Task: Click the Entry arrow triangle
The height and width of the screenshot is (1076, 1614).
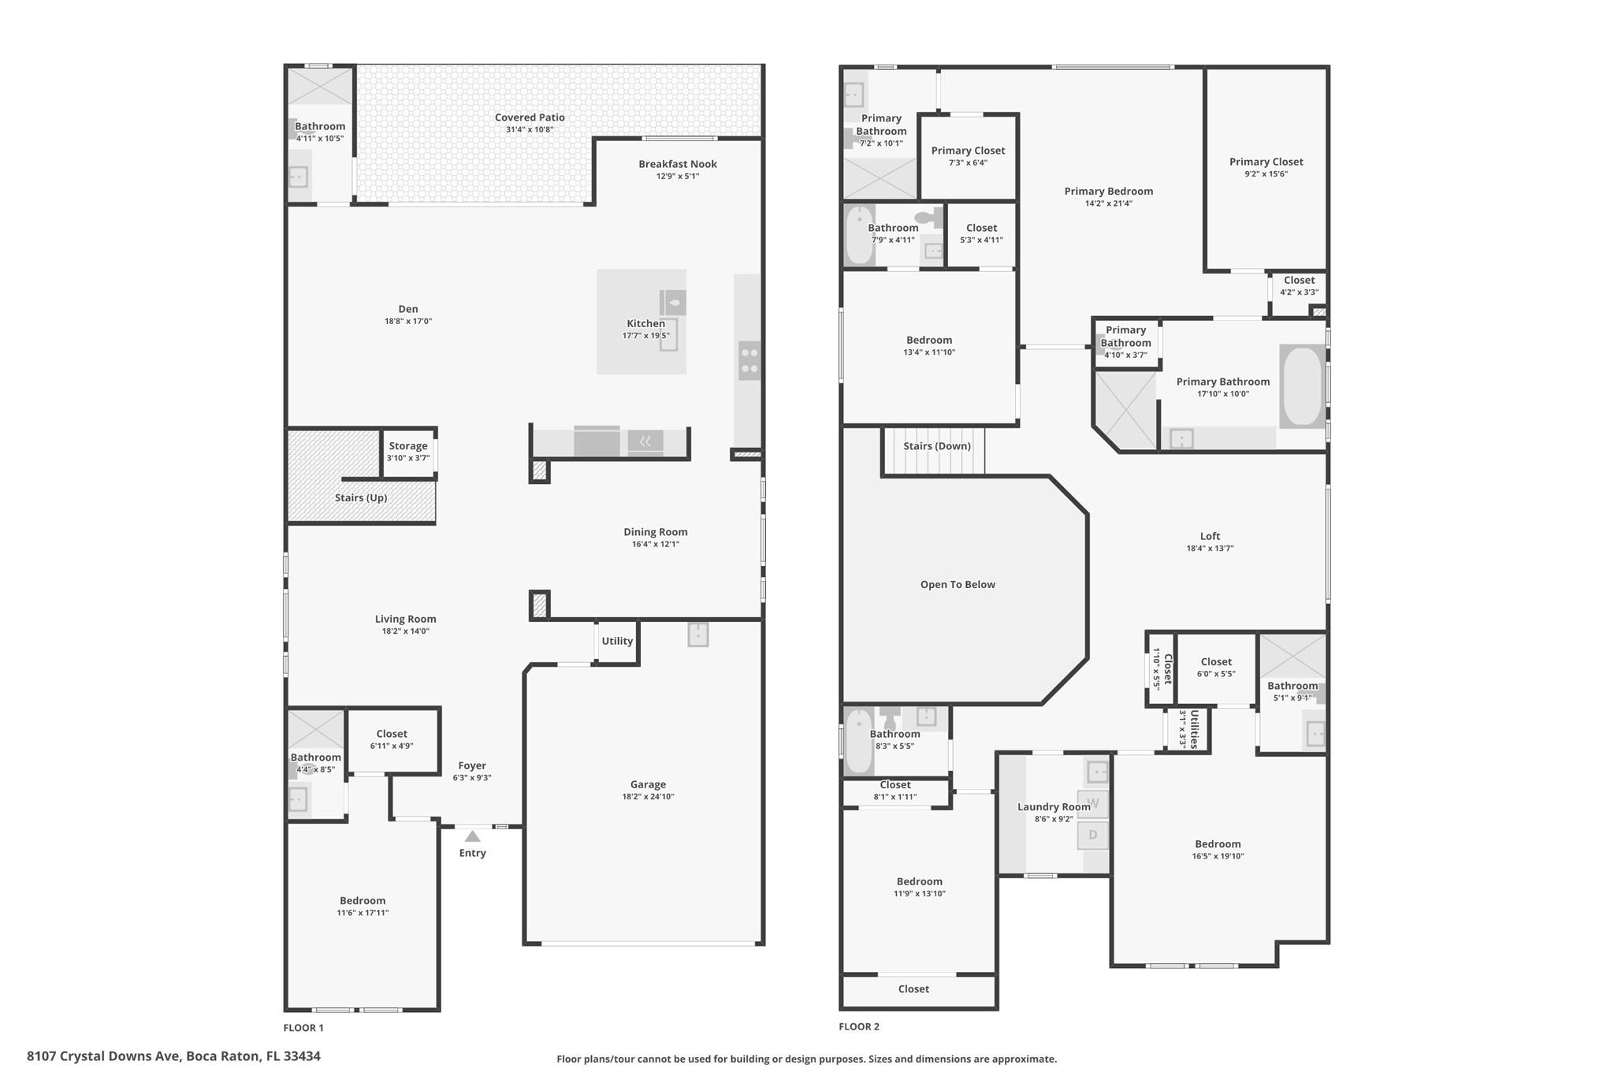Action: point(472,836)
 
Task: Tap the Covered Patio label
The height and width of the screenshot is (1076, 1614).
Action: point(530,117)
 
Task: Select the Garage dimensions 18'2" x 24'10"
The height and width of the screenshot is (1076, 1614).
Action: point(648,797)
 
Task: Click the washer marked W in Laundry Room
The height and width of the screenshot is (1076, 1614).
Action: point(1093,804)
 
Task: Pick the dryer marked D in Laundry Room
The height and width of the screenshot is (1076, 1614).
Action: point(1093,835)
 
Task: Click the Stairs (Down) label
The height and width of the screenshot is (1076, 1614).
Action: point(937,446)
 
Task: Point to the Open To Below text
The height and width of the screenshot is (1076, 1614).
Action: point(958,585)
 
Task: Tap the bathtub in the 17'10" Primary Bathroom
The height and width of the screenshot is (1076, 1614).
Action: point(1302,386)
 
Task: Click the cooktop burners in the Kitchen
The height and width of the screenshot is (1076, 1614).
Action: point(749,360)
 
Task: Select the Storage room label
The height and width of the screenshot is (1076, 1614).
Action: point(407,446)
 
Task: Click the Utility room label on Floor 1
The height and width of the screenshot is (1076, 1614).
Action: point(617,642)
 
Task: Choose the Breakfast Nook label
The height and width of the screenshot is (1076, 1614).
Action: point(678,164)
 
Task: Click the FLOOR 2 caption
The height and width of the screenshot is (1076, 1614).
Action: point(859,1027)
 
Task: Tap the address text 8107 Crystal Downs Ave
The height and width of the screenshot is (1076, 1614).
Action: point(173,1056)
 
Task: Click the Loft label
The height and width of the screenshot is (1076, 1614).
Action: point(1210,537)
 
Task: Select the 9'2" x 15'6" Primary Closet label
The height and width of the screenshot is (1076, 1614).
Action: point(1266,162)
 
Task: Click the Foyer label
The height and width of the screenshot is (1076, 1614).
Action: point(472,766)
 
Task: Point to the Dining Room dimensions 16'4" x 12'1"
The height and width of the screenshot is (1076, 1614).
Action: point(655,545)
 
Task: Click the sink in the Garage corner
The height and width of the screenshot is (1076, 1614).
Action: point(698,634)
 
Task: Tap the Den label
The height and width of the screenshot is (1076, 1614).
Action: point(408,309)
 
